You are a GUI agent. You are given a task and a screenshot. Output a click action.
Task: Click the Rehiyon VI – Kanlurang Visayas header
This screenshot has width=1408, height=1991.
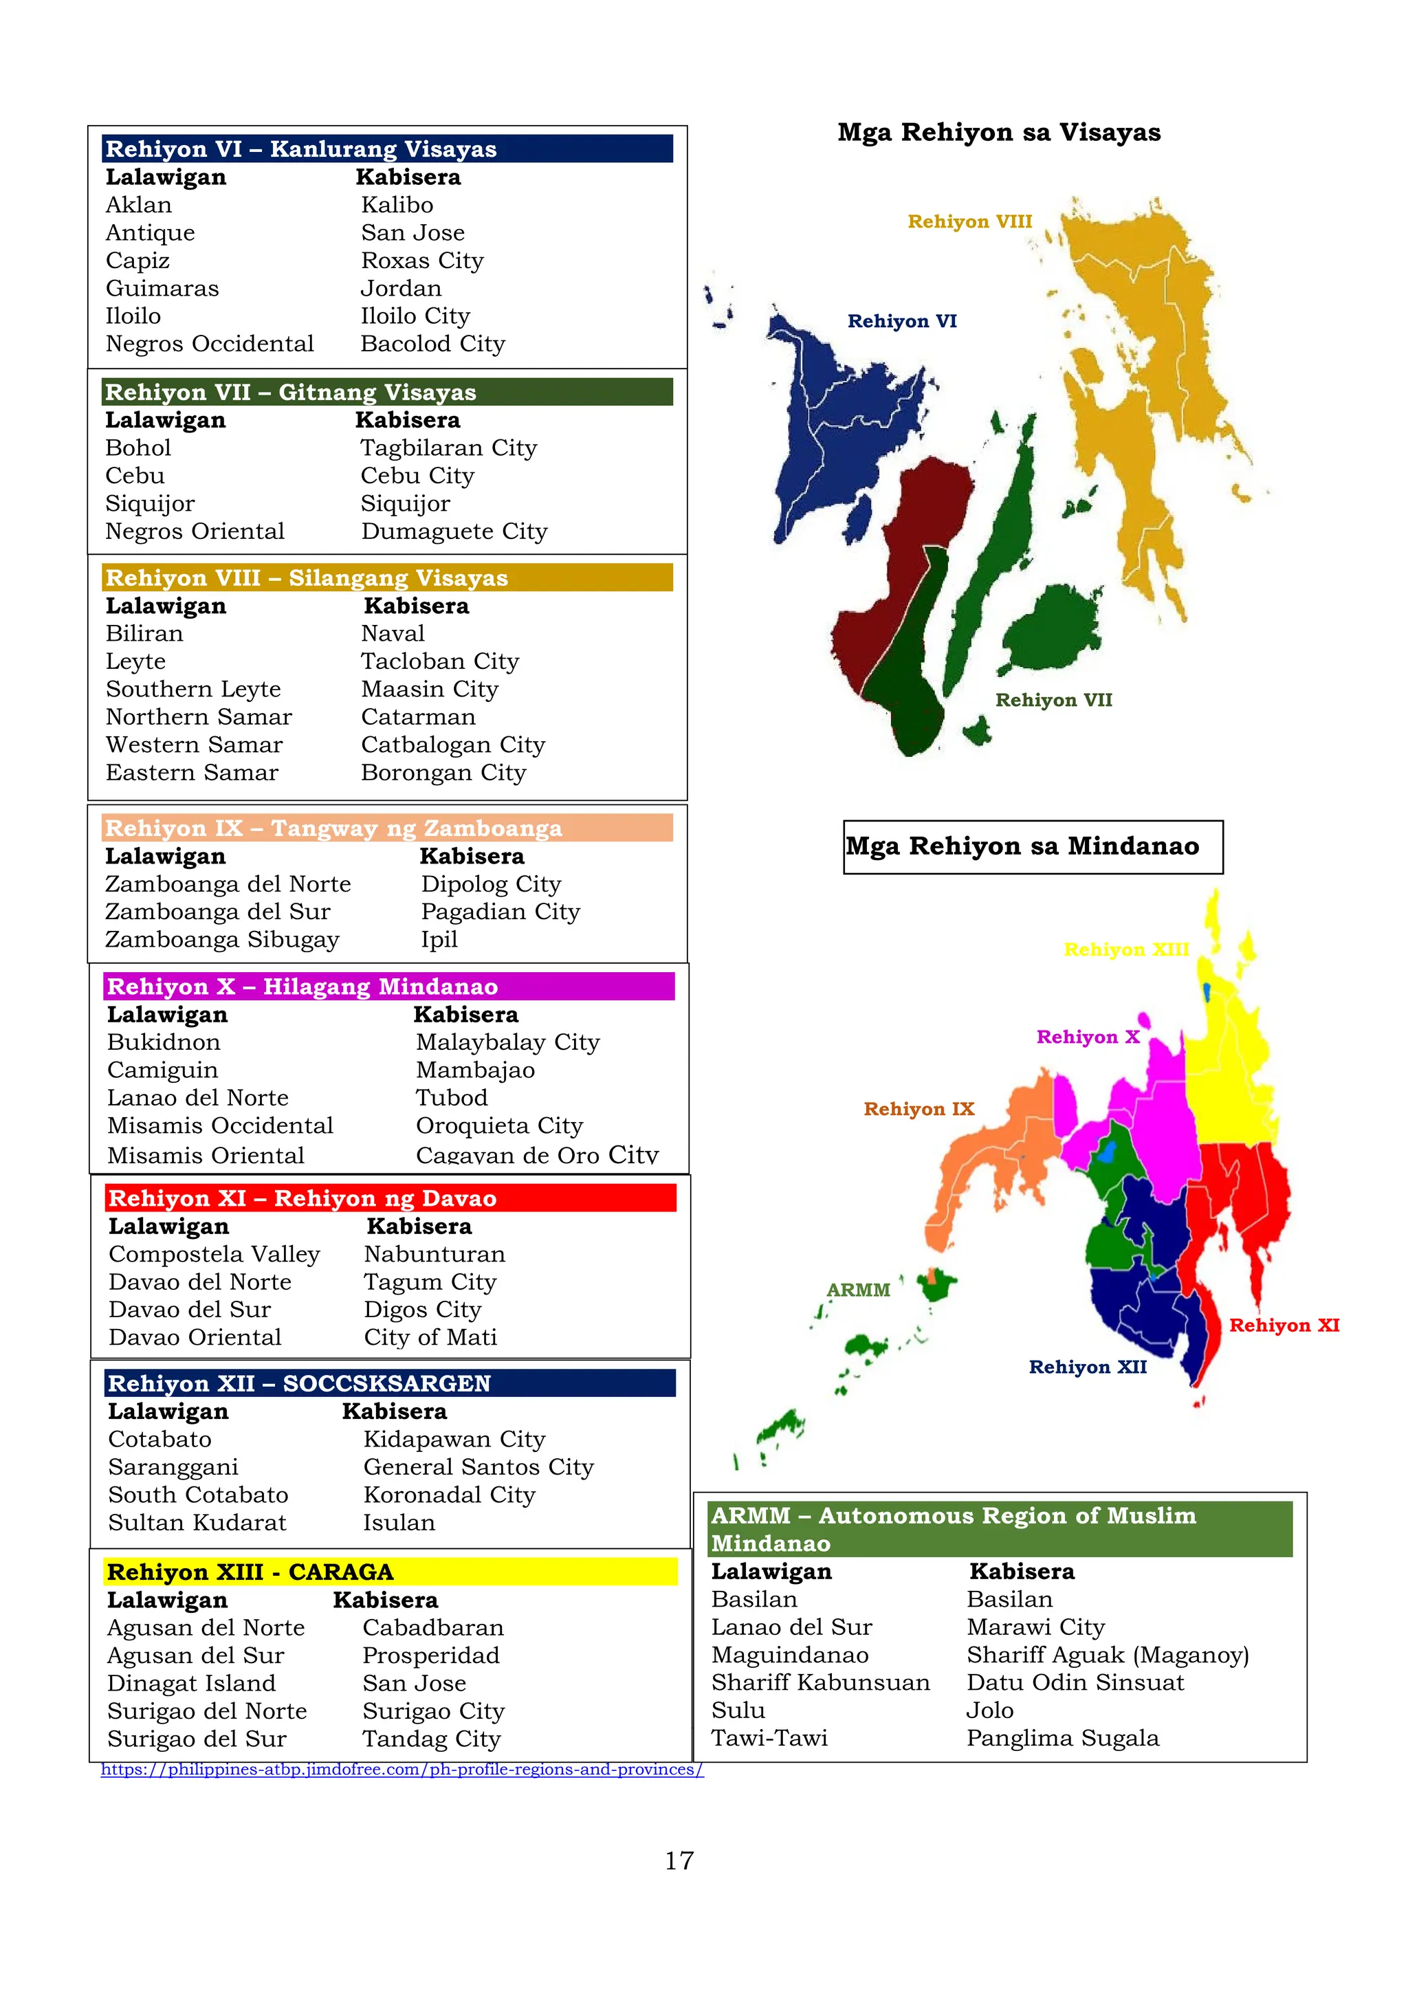[301, 149]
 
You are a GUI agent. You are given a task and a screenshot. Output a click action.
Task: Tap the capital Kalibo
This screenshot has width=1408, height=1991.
[397, 206]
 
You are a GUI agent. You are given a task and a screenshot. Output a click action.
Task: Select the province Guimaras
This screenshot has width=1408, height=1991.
[162, 289]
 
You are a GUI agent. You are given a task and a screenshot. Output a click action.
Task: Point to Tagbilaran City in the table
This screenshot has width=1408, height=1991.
[448, 448]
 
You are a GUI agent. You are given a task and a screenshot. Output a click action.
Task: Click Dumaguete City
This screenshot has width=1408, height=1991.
[454, 531]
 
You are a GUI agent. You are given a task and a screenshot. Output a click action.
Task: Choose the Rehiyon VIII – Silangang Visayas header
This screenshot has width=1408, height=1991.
[306, 578]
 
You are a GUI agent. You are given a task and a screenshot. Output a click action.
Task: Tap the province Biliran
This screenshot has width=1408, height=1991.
[144, 634]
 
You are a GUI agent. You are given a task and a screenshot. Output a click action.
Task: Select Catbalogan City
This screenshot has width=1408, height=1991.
[452, 745]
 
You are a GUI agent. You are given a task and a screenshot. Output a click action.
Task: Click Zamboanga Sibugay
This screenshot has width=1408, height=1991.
[222, 940]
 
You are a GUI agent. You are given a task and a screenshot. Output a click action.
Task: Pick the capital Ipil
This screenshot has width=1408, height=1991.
[439, 940]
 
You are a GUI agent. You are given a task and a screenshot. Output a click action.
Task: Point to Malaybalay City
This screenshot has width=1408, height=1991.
[507, 1042]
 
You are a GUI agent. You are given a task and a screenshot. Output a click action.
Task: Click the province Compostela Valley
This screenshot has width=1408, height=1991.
[214, 1255]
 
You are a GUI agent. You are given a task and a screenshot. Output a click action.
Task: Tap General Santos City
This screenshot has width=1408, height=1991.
[478, 1467]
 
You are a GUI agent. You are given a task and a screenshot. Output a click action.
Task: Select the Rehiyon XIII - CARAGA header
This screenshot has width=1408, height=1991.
[250, 1572]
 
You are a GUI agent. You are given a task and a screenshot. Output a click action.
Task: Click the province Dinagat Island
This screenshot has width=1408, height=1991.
[192, 1684]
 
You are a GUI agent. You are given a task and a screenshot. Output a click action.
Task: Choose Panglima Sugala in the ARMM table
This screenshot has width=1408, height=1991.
[1062, 1739]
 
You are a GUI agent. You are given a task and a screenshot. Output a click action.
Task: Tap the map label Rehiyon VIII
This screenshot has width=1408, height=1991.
[969, 222]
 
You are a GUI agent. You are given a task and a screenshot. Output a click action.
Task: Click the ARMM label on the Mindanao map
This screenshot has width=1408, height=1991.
[857, 1290]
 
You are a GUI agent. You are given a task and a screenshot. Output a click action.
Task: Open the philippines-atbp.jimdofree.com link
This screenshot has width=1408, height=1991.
[402, 1770]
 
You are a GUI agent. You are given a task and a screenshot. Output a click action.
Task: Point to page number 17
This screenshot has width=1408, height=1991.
[679, 1861]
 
